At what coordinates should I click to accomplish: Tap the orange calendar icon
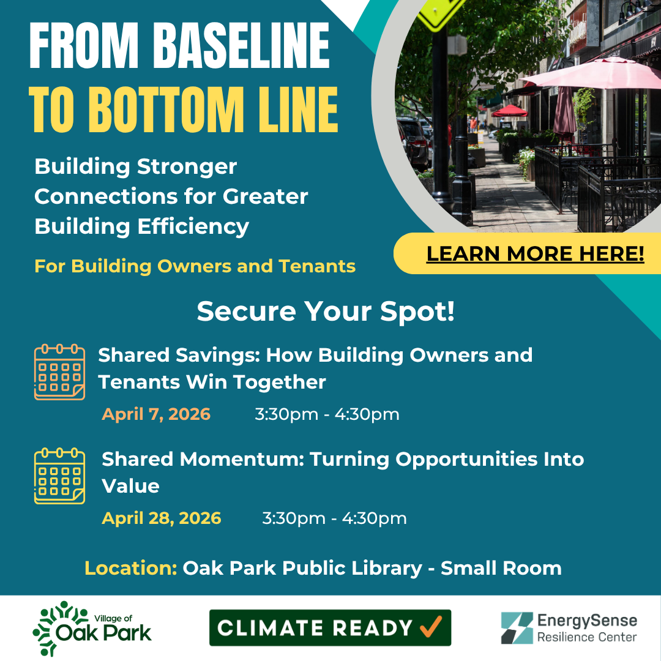[59, 372]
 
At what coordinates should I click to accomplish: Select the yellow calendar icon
[59, 476]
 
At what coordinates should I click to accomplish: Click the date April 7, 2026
[156, 414]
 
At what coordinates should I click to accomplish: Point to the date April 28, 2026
[162, 518]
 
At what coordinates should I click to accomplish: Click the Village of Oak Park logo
[92, 628]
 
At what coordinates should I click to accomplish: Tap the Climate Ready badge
[330, 628]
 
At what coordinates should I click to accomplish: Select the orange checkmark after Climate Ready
[431, 627]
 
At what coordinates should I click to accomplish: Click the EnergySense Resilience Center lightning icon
[517, 628]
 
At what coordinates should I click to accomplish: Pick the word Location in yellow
[131, 568]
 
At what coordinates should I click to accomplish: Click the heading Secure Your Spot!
[326, 312]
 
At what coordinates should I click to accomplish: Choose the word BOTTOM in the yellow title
[166, 110]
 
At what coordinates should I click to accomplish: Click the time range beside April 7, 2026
[327, 414]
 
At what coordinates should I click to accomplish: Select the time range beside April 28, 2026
[334, 518]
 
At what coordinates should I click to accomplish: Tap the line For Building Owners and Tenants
[195, 266]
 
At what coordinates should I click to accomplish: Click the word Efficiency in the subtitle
[193, 227]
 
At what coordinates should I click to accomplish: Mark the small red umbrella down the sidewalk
[510, 111]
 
